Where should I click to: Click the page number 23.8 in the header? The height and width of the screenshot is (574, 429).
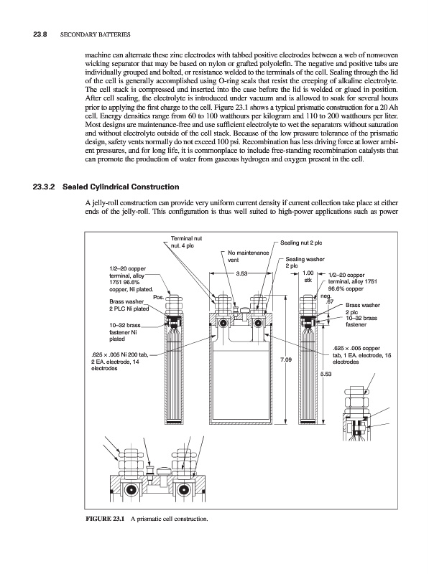coord(41,34)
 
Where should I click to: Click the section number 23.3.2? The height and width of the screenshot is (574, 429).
coord(44,187)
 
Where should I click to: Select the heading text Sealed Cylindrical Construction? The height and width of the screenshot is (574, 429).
coord(121,187)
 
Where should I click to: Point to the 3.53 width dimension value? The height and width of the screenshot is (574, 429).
coord(241,273)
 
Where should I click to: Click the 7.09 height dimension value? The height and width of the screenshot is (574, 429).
coord(286,360)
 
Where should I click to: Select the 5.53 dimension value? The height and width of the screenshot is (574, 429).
coord(326,374)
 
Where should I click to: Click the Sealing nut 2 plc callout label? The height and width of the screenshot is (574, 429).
coord(301,243)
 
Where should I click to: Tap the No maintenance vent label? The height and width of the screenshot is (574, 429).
coord(248,256)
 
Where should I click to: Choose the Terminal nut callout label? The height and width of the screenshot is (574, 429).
coord(186,242)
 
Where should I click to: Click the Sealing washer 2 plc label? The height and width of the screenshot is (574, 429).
coord(305,263)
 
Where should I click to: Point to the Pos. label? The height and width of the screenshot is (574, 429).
coord(158,297)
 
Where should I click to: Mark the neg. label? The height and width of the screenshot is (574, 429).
coord(326,296)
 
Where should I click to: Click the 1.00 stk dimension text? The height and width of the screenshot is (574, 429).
coord(308,276)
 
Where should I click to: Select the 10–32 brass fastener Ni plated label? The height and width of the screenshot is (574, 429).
coord(124,332)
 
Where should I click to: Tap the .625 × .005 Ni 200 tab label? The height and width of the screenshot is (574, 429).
coord(120,362)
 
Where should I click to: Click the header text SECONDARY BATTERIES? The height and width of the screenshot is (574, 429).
coord(95,34)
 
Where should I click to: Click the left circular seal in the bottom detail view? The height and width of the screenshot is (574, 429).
coord(129,491)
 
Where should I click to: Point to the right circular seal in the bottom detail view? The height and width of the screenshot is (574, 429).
coord(183,491)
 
